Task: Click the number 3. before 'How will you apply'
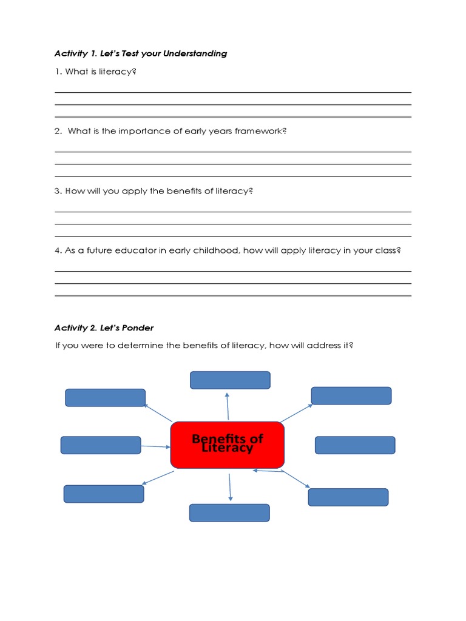click(58, 191)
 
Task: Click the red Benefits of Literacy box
click(228, 445)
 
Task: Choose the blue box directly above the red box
click(230, 380)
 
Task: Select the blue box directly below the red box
click(229, 512)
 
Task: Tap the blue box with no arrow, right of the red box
click(355, 445)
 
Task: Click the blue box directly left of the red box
click(101, 445)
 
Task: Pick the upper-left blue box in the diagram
click(105, 398)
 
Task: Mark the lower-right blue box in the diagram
click(348, 497)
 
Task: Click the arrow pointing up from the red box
click(228, 406)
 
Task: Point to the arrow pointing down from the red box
click(230, 486)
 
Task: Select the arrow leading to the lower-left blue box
click(158, 477)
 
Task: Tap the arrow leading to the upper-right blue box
click(295, 412)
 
